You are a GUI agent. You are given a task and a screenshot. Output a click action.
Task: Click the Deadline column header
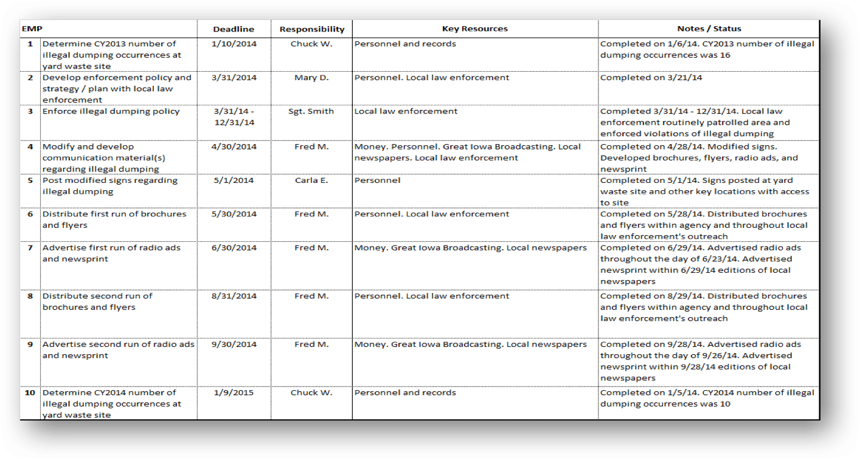234,29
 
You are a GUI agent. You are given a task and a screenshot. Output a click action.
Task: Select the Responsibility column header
312,29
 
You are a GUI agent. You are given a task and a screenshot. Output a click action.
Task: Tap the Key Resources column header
474,29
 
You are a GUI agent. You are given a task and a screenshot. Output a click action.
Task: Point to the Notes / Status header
709,29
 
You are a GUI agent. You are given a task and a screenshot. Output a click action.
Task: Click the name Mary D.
311,78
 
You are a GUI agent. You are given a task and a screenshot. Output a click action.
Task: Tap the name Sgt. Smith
311,111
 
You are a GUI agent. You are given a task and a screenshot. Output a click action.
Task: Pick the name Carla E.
311,180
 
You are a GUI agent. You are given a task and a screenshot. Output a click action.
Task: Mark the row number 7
30,248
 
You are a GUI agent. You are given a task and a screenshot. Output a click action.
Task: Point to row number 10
30,393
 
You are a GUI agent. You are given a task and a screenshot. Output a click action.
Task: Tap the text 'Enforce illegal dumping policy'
111,111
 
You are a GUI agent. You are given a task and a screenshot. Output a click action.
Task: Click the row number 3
30,111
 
